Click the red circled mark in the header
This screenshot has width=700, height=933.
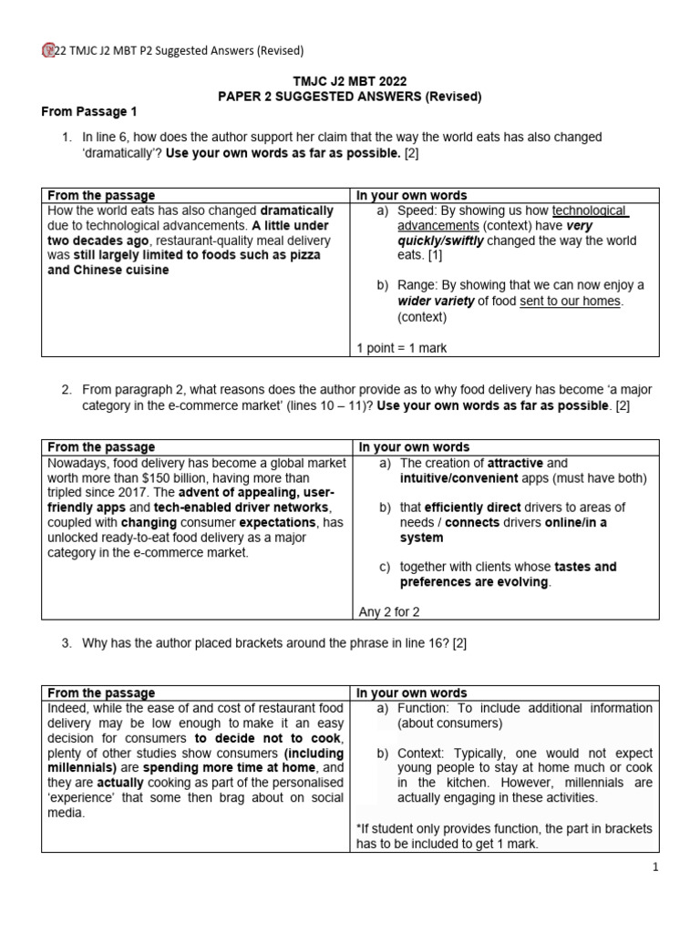click(x=48, y=50)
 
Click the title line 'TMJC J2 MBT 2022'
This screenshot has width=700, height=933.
click(x=349, y=80)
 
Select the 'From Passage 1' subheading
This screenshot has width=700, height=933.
click(x=88, y=111)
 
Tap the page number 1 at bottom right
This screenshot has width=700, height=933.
click(x=654, y=868)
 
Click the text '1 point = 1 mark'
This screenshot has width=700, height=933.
click(x=402, y=348)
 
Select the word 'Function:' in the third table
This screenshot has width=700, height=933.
click(x=426, y=708)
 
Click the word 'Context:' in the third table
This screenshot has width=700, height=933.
click(x=424, y=754)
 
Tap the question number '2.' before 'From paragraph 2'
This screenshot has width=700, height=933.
click(x=67, y=389)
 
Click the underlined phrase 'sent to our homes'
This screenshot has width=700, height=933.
click(x=571, y=301)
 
